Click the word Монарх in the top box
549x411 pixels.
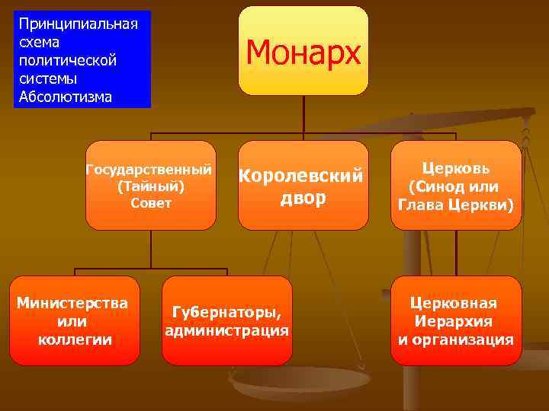coord(303,53)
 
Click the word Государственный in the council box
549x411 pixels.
coord(149,169)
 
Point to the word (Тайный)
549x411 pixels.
coord(150,186)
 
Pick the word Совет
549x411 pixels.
coord(150,203)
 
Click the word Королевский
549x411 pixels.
coord(303,176)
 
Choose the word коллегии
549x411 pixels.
coord(74,339)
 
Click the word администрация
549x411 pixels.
coord(226,330)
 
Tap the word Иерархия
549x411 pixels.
coord(455,321)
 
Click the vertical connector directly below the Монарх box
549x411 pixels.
coord(303,114)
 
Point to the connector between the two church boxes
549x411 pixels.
coord(456,253)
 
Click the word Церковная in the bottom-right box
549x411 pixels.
coord(455,303)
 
